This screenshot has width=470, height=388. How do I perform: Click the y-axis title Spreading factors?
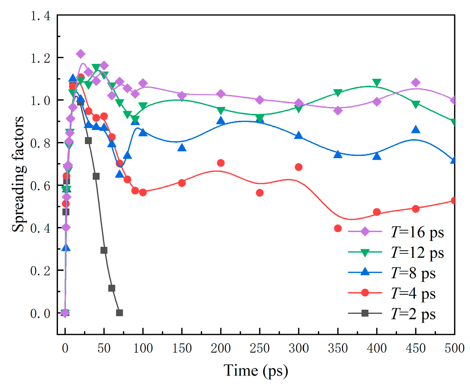18,174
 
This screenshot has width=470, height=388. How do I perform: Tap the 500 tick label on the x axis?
454,348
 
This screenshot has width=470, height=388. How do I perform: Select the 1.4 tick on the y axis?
40,16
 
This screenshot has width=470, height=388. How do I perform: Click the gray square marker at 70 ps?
120,313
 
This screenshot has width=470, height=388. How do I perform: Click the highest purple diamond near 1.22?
81,54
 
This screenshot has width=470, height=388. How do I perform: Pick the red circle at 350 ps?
338,228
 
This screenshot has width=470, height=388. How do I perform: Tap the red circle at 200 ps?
221,163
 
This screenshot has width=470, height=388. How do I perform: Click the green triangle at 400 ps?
377,83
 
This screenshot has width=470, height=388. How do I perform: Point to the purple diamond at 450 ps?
416,83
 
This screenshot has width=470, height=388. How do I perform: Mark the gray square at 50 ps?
104,250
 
